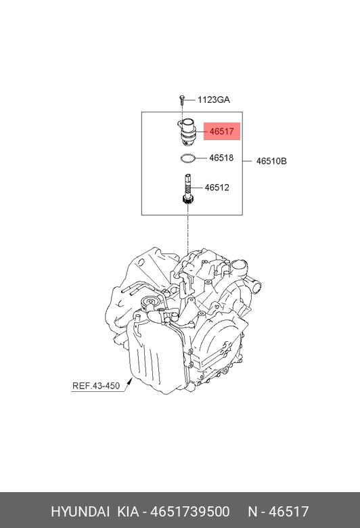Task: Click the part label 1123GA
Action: [214, 100]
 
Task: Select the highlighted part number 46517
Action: [221, 131]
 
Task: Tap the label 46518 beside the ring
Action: [221, 158]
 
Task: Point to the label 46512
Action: [217, 188]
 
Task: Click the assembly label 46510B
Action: [271, 161]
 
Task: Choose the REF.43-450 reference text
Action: [96, 386]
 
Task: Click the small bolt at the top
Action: [182, 98]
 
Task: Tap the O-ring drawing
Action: [187, 158]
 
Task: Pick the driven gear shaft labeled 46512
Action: [187, 189]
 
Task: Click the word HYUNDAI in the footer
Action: [80, 511]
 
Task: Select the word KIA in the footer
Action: [128, 511]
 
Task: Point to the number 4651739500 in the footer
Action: [189, 511]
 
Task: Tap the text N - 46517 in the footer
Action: [278, 511]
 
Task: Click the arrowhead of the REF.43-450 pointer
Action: [130, 381]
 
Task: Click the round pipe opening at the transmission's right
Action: [256, 287]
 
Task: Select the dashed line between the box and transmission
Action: [188, 232]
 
